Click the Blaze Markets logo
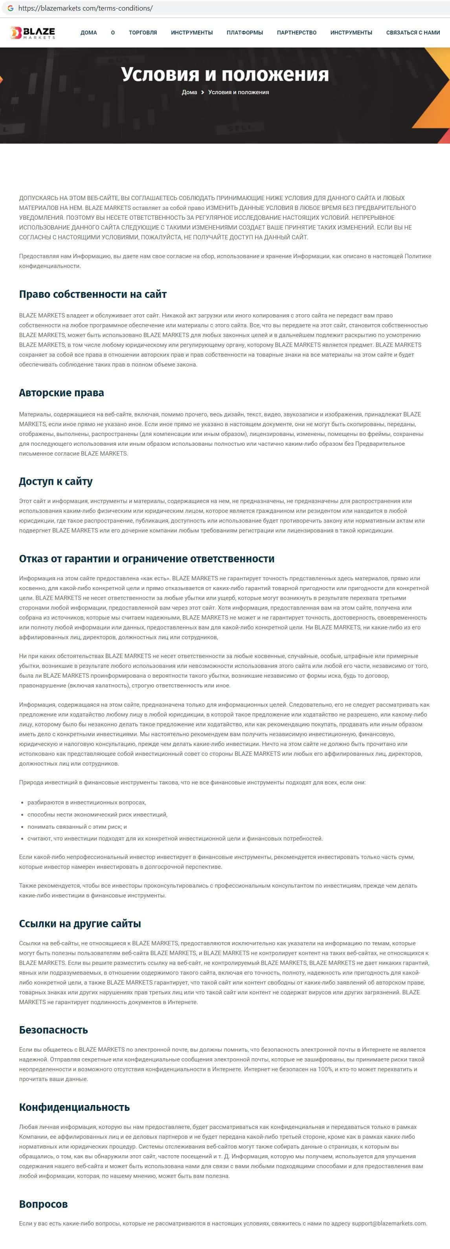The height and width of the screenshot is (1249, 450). point(33,33)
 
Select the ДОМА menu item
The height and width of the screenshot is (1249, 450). point(89,33)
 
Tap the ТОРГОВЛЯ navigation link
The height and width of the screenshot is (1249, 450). point(143,33)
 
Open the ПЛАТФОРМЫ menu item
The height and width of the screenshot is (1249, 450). point(245,33)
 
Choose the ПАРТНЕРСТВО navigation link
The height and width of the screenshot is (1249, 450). point(297,33)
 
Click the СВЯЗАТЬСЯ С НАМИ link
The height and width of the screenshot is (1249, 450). point(413,33)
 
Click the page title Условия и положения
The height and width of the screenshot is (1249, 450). point(225,74)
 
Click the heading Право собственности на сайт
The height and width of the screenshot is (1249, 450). point(93,294)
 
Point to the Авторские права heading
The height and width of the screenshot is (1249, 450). point(62,393)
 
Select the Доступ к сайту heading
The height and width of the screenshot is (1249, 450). point(56,481)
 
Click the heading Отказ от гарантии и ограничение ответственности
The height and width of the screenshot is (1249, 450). point(147,558)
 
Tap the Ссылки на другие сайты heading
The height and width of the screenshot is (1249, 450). point(80,924)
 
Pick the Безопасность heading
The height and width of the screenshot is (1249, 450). point(53,1030)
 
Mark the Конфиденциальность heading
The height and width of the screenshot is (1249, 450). point(74,1107)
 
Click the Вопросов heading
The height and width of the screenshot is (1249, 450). point(43,1204)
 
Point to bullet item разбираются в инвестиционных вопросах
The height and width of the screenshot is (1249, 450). point(87,802)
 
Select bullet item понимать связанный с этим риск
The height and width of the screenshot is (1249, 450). point(77,827)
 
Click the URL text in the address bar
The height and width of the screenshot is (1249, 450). point(85,8)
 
